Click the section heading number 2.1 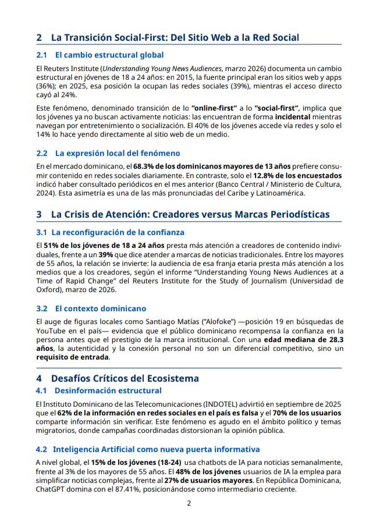(41, 55)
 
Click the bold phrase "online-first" (214, 108)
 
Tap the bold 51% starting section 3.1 (52, 245)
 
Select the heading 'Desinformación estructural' (107, 390)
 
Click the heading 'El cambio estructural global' (109, 55)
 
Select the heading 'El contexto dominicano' (101, 308)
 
